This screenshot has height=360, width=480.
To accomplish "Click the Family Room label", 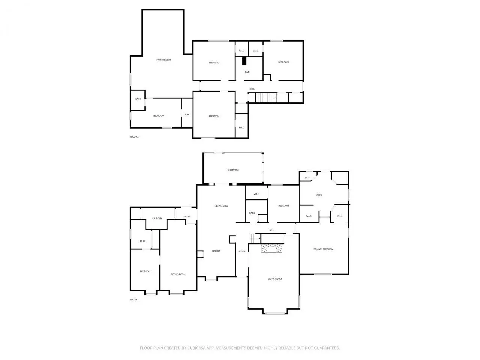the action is (163, 60).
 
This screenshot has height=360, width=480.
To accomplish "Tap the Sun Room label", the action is (233, 170).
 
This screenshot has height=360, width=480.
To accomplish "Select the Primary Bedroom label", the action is (323, 249).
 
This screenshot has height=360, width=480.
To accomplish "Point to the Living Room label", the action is (274, 279).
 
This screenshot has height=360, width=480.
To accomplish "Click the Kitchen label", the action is (216, 251).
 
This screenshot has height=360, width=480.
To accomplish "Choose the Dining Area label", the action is (221, 206).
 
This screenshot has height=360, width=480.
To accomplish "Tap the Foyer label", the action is (242, 251).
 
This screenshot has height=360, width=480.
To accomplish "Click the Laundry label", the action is (157, 218).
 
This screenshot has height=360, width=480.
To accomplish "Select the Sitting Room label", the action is (178, 274).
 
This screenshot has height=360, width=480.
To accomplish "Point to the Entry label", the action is (186, 217).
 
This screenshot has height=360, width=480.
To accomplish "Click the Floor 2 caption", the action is (134, 137).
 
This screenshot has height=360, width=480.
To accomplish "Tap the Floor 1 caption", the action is (134, 300).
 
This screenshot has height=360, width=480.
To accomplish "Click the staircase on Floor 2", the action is (266, 98).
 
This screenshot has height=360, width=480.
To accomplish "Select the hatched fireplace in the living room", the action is (271, 248).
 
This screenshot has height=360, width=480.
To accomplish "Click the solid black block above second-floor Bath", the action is (244, 61).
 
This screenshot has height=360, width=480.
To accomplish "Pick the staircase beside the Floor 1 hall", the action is (255, 238).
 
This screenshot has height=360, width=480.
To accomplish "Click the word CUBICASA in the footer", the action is (196, 348).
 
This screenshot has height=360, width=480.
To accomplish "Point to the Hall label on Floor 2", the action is (252, 89).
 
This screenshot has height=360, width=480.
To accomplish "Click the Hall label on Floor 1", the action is (271, 230).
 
